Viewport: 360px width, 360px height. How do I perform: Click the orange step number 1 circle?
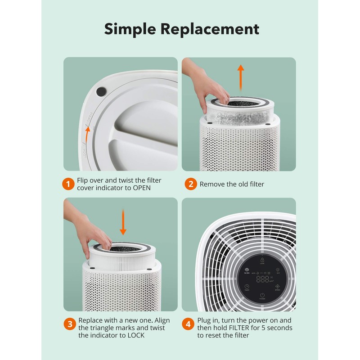coord(68,184)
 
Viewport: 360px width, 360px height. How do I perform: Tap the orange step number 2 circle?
coord(190,184)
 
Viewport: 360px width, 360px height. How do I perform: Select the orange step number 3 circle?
coord(68,324)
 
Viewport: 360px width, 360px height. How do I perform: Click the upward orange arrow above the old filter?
coord(241,78)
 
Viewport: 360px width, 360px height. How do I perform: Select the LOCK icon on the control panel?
coord(262,261)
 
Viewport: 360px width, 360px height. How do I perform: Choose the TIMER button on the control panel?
coord(247,288)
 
